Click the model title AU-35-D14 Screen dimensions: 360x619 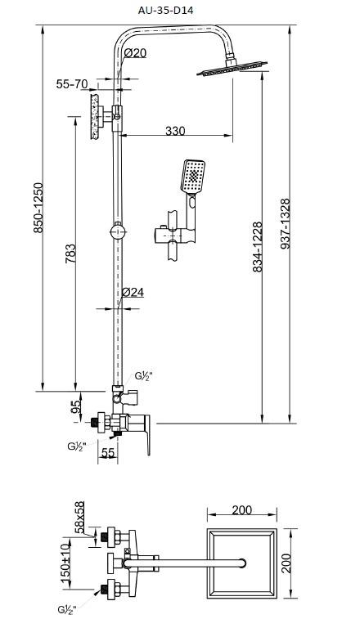point(165,11)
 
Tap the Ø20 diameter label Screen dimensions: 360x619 point(135,53)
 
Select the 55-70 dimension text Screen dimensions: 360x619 point(71,84)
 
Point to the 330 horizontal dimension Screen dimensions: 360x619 point(175,130)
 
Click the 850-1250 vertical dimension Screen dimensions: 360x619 point(38,208)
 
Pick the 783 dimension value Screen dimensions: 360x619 point(70,254)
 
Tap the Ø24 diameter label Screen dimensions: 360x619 point(133,292)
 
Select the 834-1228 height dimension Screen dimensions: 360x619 point(257,247)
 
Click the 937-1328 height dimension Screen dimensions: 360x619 point(285,223)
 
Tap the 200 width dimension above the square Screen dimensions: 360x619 point(242,510)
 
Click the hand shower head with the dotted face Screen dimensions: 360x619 point(194,177)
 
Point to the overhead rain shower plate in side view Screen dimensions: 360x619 point(232,68)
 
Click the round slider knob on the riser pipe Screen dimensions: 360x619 point(118,231)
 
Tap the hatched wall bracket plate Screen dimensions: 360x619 point(94,116)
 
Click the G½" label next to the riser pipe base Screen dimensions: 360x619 point(143,376)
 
